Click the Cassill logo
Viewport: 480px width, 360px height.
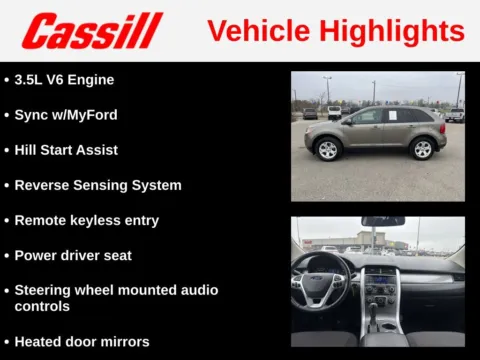tap(92, 31)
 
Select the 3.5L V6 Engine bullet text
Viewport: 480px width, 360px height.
tap(64, 79)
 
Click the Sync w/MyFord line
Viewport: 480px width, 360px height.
tap(66, 115)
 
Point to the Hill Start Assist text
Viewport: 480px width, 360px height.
tap(66, 150)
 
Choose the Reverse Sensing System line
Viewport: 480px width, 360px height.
tap(98, 185)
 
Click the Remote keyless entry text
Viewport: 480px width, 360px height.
tap(87, 220)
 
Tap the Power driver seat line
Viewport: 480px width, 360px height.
tap(73, 255)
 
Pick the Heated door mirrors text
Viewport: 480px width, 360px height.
tap(82, 341)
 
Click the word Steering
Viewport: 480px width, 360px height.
tap(44, 290)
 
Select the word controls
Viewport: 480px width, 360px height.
tap(42, 307)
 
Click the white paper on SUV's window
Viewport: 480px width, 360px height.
tap(392, 116)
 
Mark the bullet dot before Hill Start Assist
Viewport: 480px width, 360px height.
tap(7, 150)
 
